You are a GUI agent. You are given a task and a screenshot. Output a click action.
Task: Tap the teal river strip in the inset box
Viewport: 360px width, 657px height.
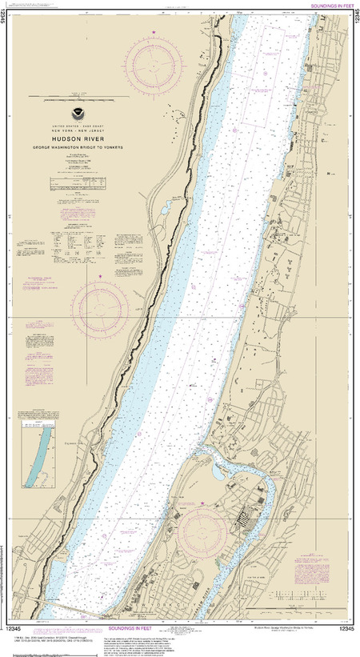[x=33, y=459]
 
